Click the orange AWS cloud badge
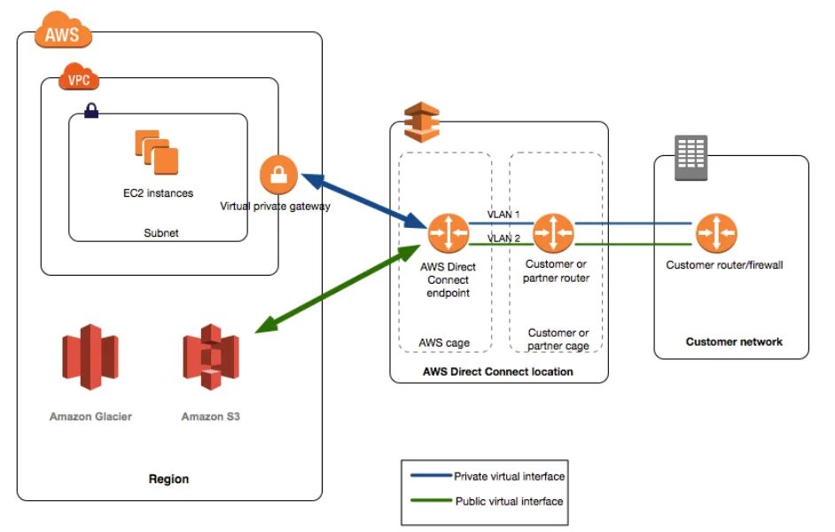tap(62, 34)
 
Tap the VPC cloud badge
tap(79, 80)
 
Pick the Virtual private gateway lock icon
tap(278, 174)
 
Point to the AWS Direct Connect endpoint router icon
tap(448, 231)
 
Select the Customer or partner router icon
tap(554, 231)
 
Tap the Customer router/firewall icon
tap(716, 231)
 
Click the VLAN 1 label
tap(503, 215)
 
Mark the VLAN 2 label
tap(503, 239)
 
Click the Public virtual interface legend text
tap(509, 501)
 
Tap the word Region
tap(168, 479)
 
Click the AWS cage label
tap(444, 342)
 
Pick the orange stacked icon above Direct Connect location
tap(421, 121)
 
